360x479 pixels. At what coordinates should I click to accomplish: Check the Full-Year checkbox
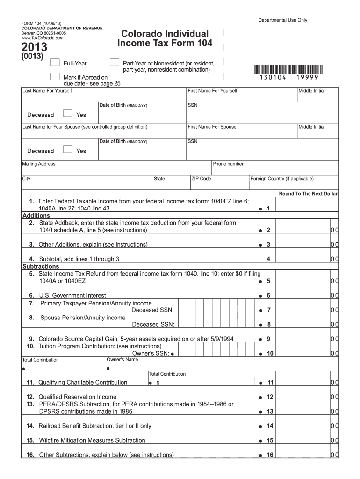(x=55, y=63)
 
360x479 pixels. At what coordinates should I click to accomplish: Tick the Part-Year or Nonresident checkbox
(x=114, y=63)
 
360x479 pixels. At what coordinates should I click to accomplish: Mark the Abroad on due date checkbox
(x=55, y=77)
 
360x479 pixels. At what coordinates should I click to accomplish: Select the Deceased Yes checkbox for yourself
(x=68, y=114)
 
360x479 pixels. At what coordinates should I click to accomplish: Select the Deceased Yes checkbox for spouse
(x=68, y=150)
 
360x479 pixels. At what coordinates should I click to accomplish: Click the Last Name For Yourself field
(x=104, y=95)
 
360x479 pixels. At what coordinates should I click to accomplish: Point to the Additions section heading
(x=36, y=216)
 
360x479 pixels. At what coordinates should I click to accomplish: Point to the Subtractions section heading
(x=41, y=266)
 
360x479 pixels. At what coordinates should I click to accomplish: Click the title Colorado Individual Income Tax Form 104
(x=165, y=39)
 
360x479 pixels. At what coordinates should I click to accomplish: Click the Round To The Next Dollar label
(x=308, y=194)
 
